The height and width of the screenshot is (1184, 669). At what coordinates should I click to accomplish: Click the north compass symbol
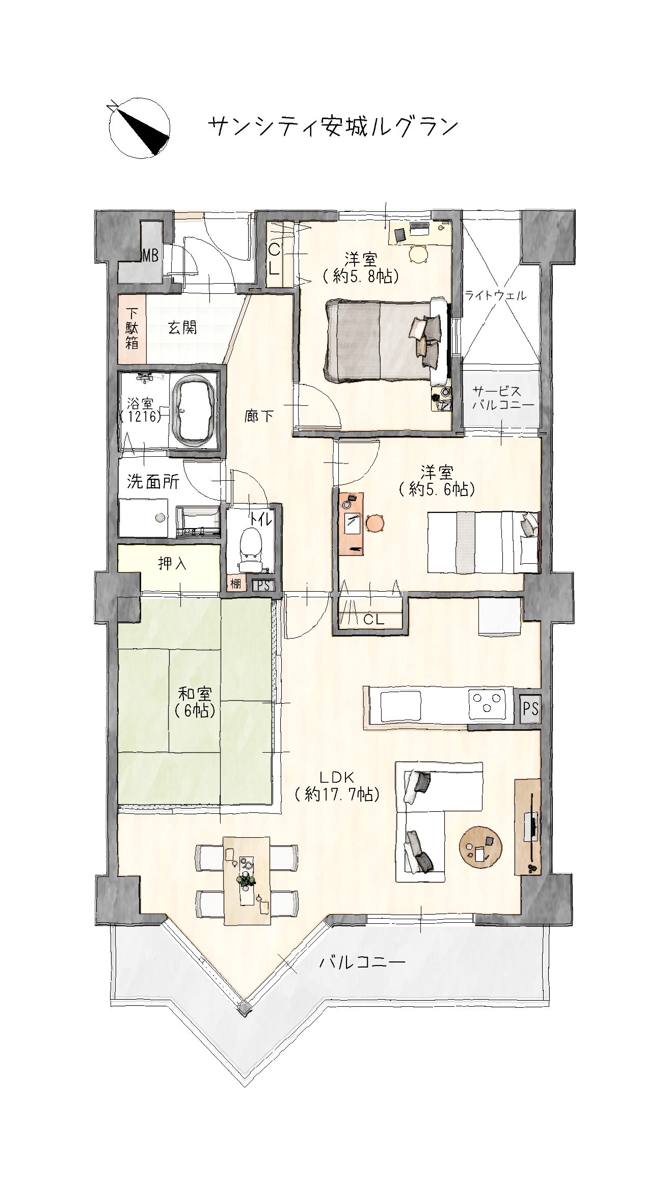[139, 126]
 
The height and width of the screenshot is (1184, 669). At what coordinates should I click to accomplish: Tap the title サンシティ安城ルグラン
[334, 127]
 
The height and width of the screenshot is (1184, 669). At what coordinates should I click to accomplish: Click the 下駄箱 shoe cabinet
[132, 328]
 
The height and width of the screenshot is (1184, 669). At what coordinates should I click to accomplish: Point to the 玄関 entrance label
[182, 327]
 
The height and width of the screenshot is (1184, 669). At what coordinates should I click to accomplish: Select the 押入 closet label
[172, 564]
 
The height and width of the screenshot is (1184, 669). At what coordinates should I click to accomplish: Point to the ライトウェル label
[495, 295]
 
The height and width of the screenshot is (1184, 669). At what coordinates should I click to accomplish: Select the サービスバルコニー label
[503, 398]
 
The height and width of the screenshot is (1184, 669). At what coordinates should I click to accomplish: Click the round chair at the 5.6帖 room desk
[375, 523]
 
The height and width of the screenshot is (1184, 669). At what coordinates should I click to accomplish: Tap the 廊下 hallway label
[259, 417]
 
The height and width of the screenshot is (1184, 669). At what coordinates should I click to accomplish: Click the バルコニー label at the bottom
[362, 962]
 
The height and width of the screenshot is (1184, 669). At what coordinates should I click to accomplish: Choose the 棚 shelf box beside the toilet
[235, 583]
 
